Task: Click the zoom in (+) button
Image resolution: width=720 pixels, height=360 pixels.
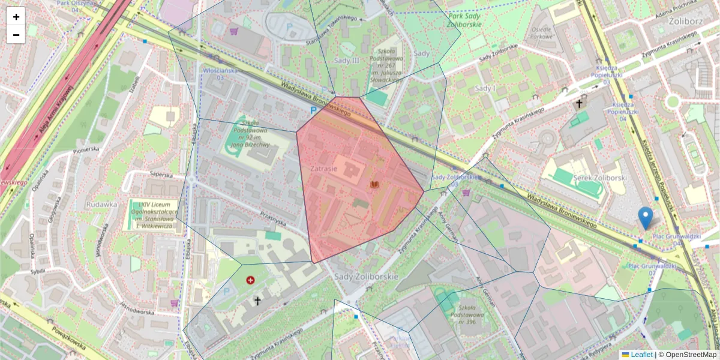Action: pyautogui.click(x=16, y=17)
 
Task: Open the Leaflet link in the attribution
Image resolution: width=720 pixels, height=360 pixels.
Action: pyautogui.click(x=640, y=355)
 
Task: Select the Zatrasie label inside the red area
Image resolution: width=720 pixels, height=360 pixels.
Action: pyautogui.click(x=324, y=170)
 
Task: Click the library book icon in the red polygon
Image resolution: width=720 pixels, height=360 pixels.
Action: pyautogui.click(x=375, y=185)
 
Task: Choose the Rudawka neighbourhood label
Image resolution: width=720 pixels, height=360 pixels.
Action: pyautogui.click(x=101, y=204)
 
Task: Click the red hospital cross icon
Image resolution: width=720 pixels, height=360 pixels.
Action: pyautogui.click(x=250, y=280)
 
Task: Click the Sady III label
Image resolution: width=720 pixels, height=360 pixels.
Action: pyautogui.click(x=346, y=61)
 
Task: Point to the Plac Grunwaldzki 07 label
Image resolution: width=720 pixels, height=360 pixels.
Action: pyautogui.click(x=643, y=269)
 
